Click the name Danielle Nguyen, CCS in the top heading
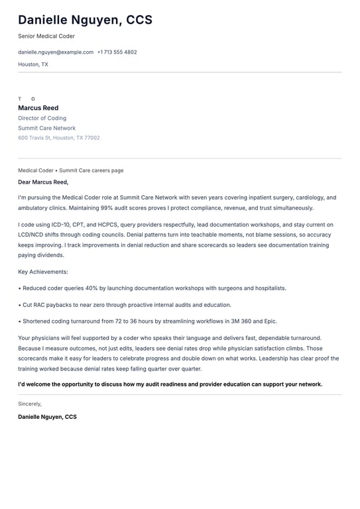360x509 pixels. tap(85, 20)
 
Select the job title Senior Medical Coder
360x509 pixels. tap(46, 36)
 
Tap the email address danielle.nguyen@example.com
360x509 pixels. tap(56, 52)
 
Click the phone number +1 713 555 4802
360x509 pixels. tap(117, 52)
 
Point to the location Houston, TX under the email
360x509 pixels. tap(33, 65)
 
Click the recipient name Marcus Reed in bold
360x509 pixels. tap(38, 108)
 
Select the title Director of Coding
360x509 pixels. tap(42, 119)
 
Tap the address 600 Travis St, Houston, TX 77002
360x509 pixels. tap(59, 138)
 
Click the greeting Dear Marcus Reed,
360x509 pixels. tap(43, 182)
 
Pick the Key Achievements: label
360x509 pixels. tap(43, 272)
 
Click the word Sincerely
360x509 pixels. tap(30, 404)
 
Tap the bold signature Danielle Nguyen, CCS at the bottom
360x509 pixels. tap(47, 417)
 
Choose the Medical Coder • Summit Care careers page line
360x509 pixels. tap(71, 170)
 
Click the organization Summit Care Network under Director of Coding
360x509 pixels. tap(46, 129)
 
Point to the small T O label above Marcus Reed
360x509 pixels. tap(27, 99)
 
